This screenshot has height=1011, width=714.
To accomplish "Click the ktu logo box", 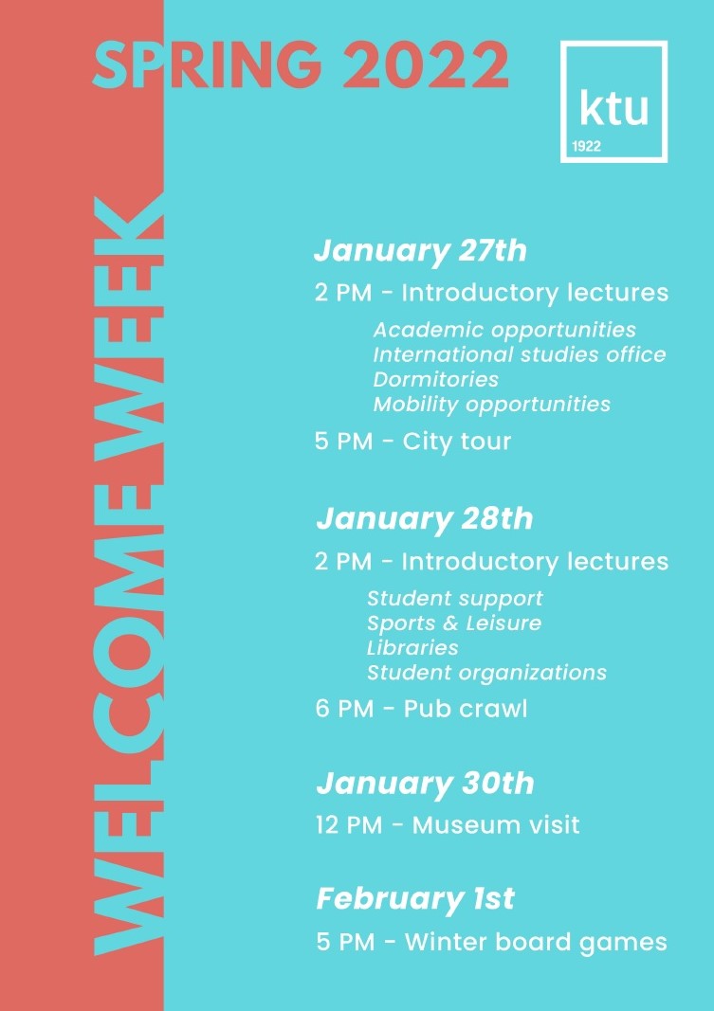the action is pyautogui.click(x=613, y=101).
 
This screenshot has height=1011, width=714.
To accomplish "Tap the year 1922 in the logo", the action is pyautogui.click(x=586, y=146).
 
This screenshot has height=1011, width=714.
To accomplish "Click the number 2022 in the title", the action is pyautogui.click(x=426, y=65).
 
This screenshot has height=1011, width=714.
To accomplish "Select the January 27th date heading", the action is pyautogui.click(x=421, y=251).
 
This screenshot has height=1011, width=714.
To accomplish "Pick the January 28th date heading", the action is pyautogui.click(x=425, y=519).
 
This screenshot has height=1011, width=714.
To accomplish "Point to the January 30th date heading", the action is pyautogui.click(x=425, y=784).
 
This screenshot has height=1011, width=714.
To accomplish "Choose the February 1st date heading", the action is pyautogui.click(x=415, y=899).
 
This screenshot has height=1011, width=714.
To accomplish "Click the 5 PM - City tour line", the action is pyautogui.click(x=412, y=442).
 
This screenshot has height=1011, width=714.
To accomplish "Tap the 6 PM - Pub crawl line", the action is pyautogui.click(x=421, y=709).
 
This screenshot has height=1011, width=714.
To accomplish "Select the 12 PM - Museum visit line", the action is pyautogui.click(x=448, y=825).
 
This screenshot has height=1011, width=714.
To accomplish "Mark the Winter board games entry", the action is pyautogui.click(x=536, y=942).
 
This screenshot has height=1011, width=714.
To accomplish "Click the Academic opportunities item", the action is pyautogui.click(x=504, y=330).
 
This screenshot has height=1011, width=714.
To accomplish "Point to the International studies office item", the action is pyautogui.click(x=520, y=354).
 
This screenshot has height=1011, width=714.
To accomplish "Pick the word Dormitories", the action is pyautogui.click(x=435, y=379).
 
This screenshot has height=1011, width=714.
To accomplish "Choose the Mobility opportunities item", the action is pyautogui.click(x=491, y=405).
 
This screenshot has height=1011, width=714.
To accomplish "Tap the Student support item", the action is pyautogui.click(x=455, y=599).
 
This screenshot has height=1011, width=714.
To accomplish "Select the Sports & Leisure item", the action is pyautogui.click(x=454, y=623).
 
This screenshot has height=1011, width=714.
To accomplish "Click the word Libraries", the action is pyautogui.click(x=412, y=647).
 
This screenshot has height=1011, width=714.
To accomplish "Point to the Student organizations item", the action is pyautogui.click(x=486, y=673).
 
